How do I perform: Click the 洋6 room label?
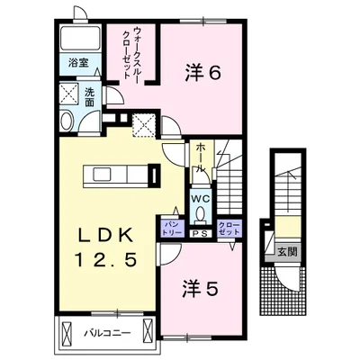tap(203, 73)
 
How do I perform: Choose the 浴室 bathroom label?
tap(77, 63)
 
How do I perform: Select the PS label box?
tap(201, 231)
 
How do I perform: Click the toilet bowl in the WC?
tap(201, 216)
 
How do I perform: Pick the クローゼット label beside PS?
tap(228, 227)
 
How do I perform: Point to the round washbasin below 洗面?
tap(66, 123)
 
